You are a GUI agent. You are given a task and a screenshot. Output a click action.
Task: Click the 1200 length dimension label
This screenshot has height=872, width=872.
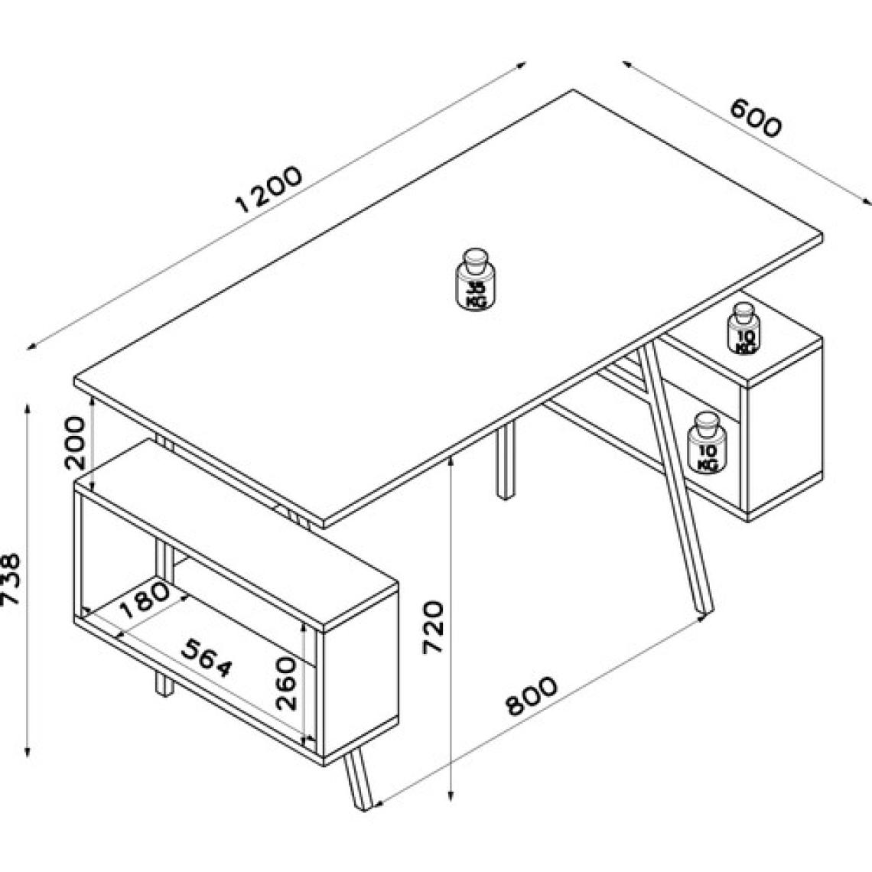point(269,190)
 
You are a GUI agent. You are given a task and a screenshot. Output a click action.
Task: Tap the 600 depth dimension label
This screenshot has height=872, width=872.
point(756,117)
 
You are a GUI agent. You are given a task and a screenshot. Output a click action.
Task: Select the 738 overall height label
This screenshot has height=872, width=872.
point(11,579)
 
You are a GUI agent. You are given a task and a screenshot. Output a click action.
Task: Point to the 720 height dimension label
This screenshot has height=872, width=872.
point(433,626)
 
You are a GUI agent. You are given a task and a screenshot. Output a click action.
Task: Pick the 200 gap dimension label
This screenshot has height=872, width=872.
point(76,443)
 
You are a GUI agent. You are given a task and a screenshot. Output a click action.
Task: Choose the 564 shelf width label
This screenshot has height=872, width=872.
point(207,658)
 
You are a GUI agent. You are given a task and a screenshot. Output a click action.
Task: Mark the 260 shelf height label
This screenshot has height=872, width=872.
point(287,683)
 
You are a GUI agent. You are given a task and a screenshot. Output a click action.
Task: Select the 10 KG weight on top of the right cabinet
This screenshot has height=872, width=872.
point(743,329)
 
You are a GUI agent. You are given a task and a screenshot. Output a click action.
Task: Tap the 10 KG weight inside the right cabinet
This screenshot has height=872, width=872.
point(707,443)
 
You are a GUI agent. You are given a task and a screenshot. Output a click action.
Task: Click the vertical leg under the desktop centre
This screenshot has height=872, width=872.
point(505,460)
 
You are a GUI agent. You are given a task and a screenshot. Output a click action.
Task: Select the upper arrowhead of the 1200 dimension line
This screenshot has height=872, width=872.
point(521,64)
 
